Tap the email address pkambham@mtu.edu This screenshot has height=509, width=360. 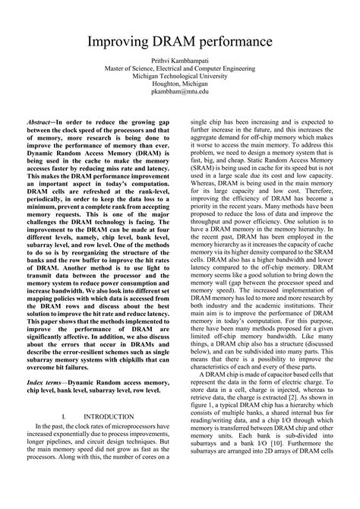[x=180, y=90]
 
